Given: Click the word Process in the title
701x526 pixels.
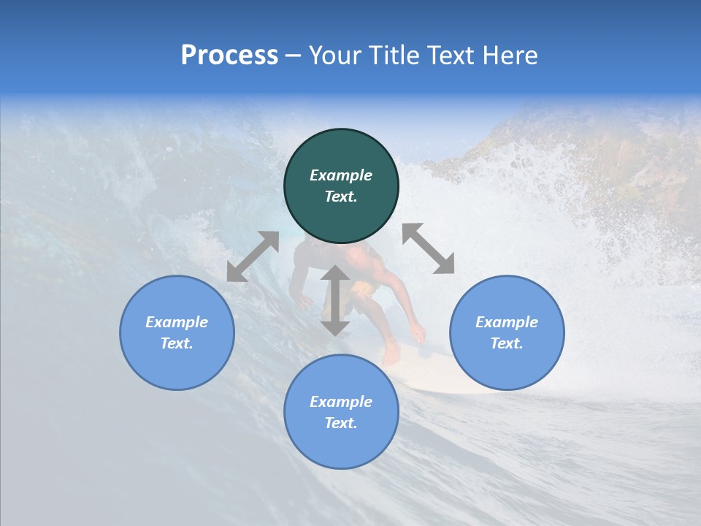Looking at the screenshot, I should [x=229, y=56].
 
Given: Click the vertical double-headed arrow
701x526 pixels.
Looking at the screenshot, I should [x=335, y=300].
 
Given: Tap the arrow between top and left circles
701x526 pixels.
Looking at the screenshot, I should [x=253, y=256].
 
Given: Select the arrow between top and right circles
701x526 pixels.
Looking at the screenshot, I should [x=428, y=248].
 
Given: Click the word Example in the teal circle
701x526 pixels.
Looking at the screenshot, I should [x=341, y=175].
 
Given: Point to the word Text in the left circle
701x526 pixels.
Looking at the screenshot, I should [x=177, y=343].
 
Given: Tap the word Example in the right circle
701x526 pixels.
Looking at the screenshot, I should [x=507, y=322].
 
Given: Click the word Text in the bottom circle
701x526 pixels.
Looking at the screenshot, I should [x=341, y=423].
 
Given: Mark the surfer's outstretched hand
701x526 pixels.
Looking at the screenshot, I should [x=417, y=334].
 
